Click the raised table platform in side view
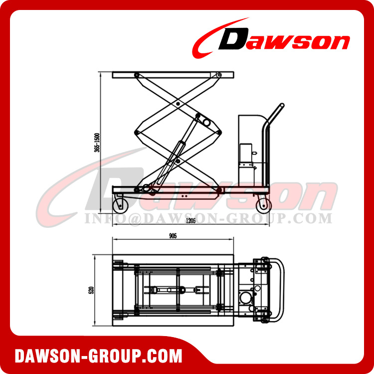click(173, 75)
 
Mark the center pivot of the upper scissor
click(178, 103)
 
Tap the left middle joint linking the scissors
click(137, 132)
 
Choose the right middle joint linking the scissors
click(218, 132)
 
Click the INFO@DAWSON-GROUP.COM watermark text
click(208, 218)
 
